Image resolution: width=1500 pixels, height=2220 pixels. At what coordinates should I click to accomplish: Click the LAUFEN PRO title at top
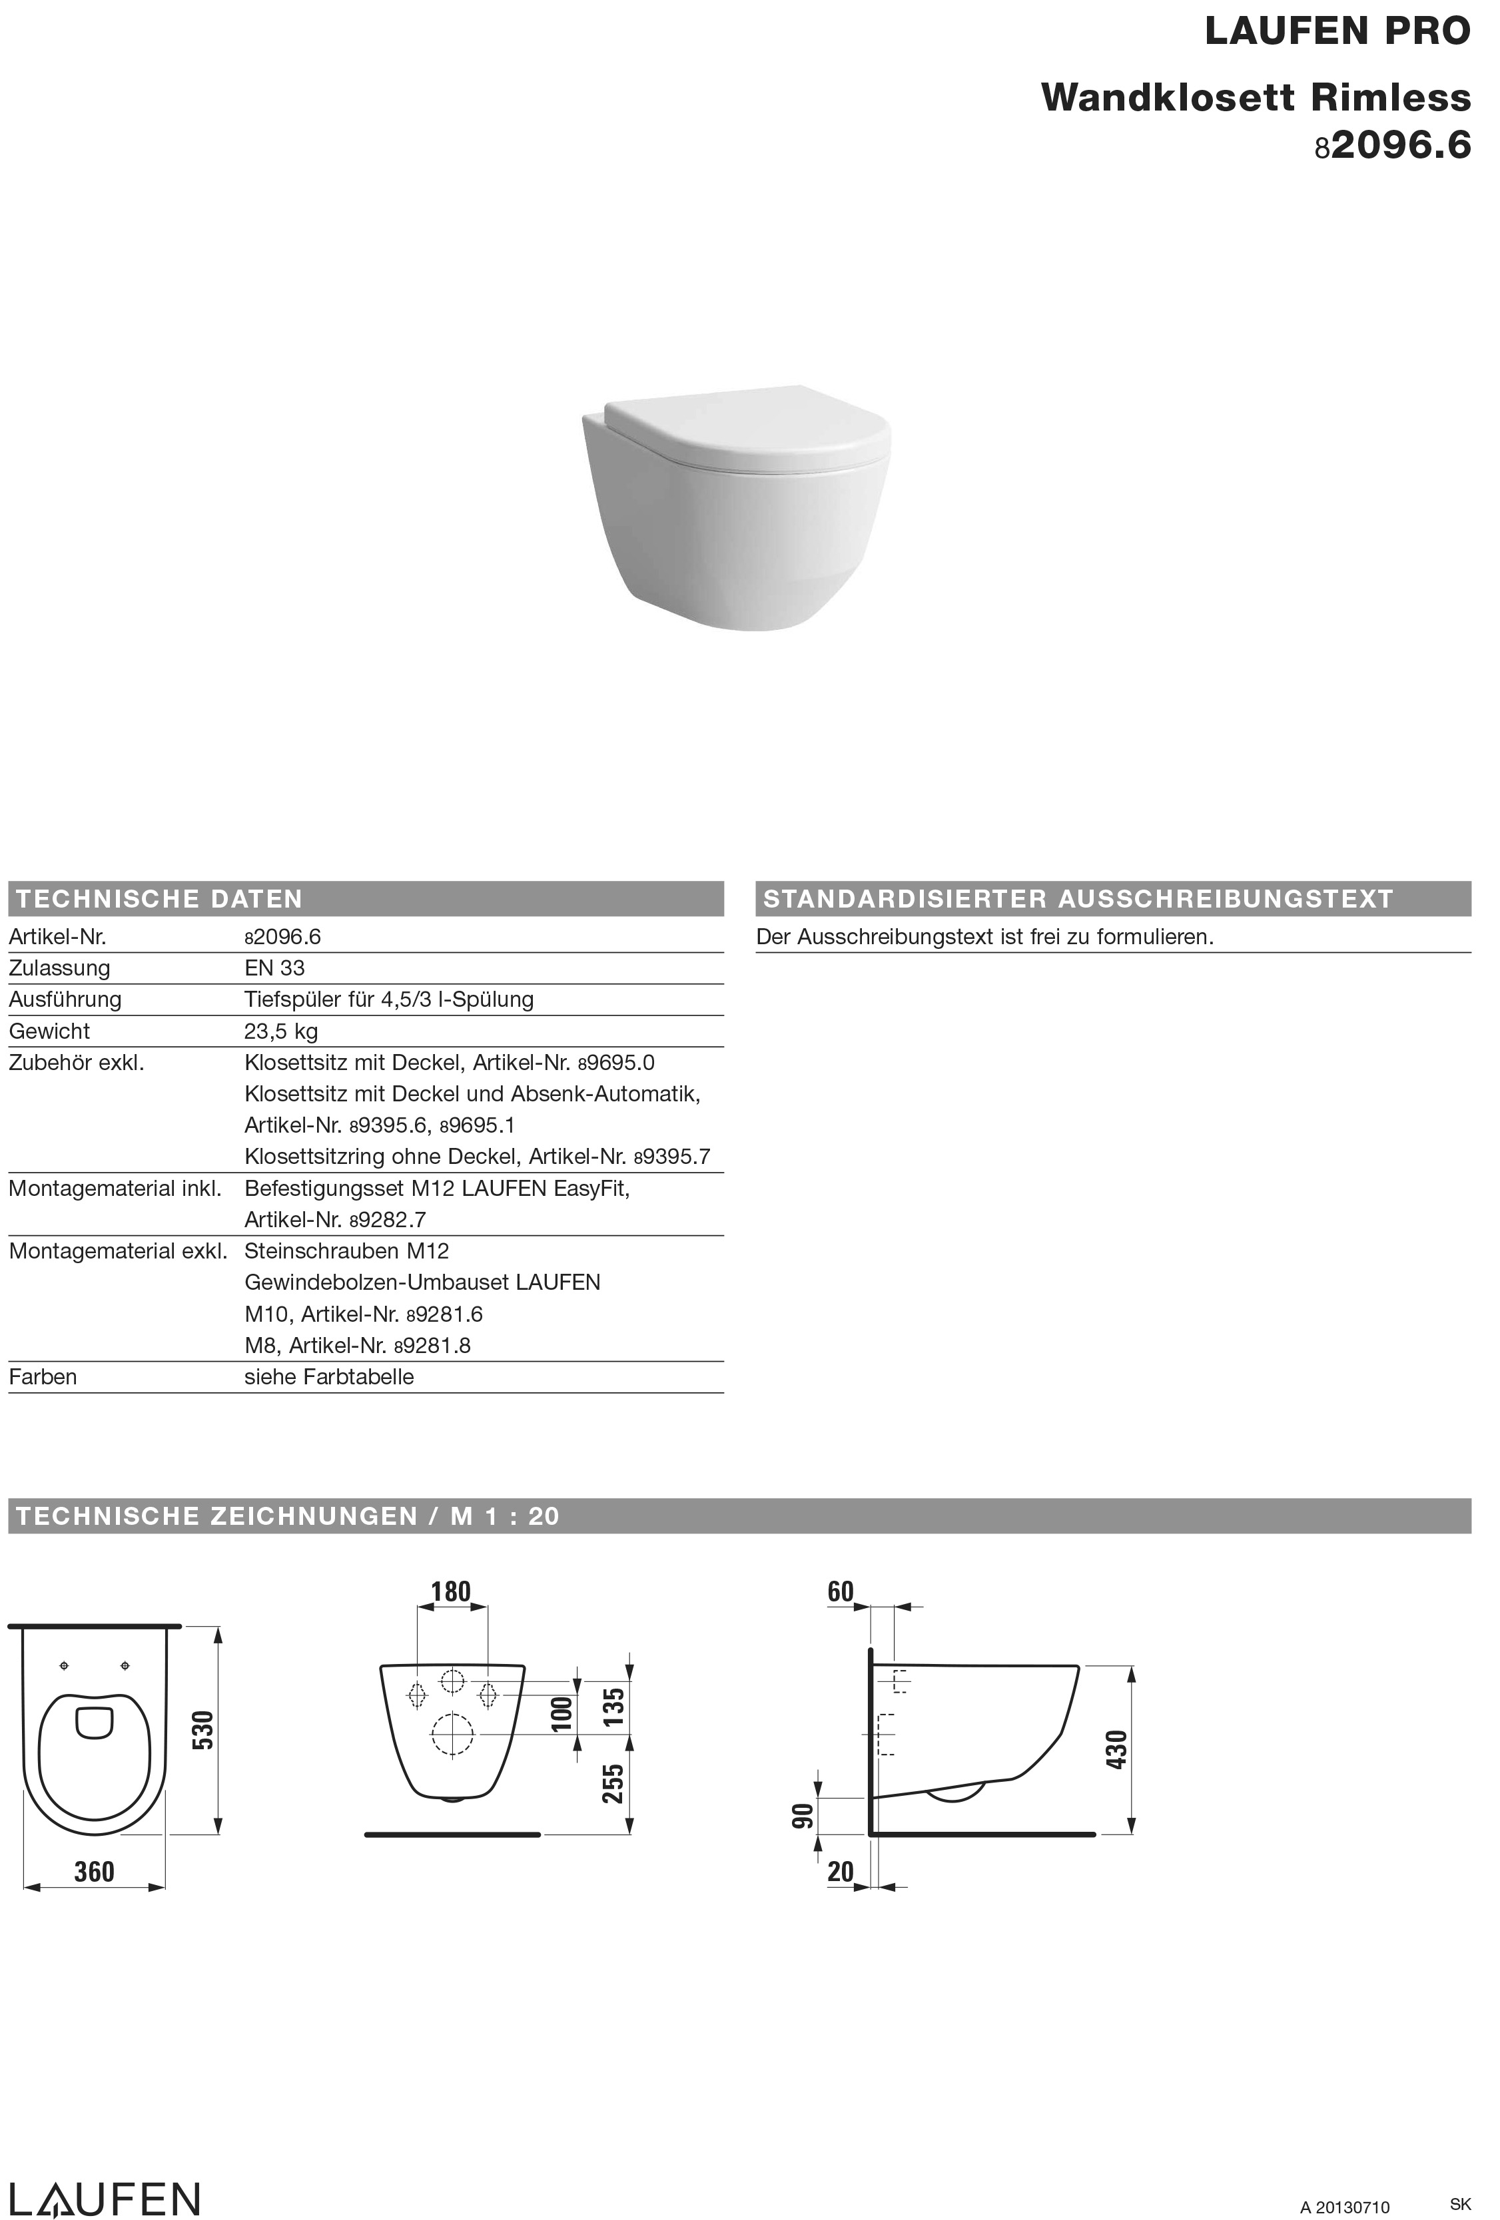(1337, 31)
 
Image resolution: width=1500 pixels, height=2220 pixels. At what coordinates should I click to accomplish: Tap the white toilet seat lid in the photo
(745, 424)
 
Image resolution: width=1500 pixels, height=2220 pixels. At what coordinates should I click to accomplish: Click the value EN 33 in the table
(274, 968)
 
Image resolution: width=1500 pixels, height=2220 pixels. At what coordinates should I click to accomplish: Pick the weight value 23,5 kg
(281, 1031)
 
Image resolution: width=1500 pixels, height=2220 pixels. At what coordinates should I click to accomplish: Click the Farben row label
(43, 1376)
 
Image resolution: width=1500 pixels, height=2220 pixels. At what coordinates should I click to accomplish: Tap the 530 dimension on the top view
(202, 1730)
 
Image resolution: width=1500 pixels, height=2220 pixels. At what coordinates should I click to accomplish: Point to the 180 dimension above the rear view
(451, 1591)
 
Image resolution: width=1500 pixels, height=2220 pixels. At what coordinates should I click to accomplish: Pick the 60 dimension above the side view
(840, 1591)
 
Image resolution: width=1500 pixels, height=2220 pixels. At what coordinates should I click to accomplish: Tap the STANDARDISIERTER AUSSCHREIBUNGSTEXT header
(1078, 899)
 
